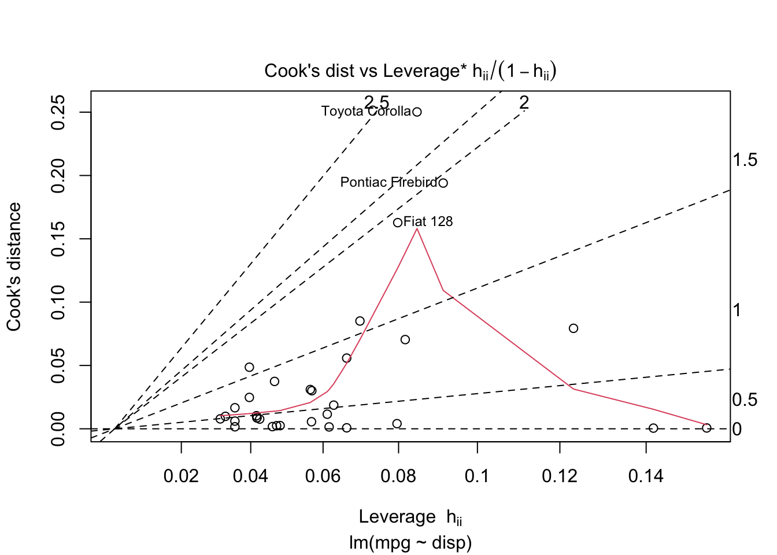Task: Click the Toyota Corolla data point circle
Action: [x=417, y=112]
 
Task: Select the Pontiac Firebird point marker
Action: [x=443, y=183]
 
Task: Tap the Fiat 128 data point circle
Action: [x=398, y=223]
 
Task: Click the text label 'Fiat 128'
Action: [x=428, y=221]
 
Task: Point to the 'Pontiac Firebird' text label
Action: [x=388, y=183]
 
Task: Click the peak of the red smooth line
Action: [x=417, y=229]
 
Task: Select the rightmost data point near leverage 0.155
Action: [x=706, y=428]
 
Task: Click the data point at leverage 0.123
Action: [x=573, y=328]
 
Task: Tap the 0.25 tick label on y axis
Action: [x=58, y=113]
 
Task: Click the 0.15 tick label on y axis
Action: [x=58, y=239]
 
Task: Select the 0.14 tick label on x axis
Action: [x=646, y=476]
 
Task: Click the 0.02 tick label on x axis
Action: [x=182, y=476]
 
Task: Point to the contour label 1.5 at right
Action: [x=745, y=160]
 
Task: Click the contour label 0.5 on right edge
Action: [x=745, y=399]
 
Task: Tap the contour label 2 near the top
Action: [x=524, y=103]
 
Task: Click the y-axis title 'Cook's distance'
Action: [x=14, y=267]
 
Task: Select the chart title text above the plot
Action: [x=410, y=71]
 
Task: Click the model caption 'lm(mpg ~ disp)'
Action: [x=410, y=542]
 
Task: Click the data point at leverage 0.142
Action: [x=653, y=428]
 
